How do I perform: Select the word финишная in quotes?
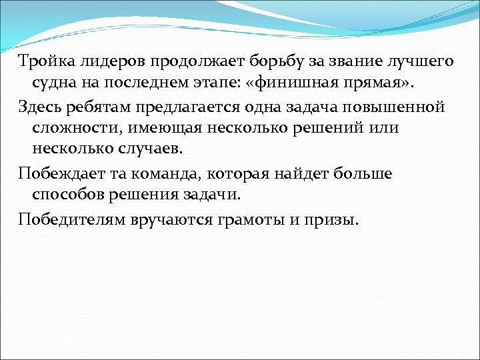pos(319,85)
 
